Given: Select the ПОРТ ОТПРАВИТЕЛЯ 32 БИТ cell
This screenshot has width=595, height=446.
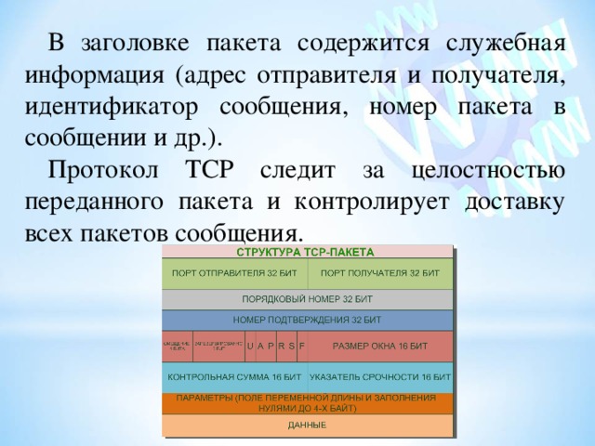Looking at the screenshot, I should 234,273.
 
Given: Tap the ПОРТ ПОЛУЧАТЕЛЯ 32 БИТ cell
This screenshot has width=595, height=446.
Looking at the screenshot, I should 379,273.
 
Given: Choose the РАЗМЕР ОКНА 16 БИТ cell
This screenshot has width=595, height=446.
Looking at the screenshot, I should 379,346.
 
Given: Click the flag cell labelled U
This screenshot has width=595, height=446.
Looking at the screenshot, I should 250,346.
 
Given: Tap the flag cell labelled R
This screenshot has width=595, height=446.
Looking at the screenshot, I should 282,346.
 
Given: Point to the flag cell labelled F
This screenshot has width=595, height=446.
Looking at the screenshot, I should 302,346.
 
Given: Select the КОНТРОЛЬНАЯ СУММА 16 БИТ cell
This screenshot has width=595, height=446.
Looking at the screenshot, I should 234,377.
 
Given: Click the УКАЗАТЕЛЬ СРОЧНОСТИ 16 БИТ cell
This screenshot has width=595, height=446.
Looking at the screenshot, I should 379,377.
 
